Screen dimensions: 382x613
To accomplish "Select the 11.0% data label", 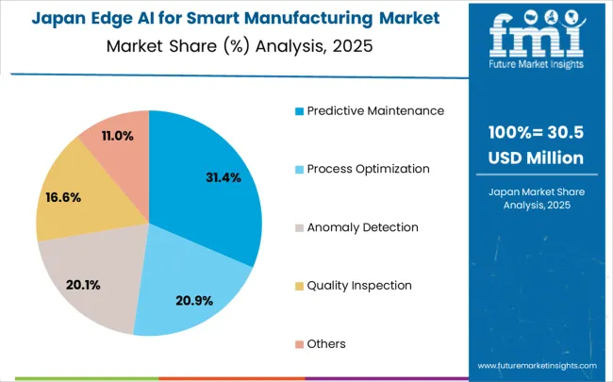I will point(118,136).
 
